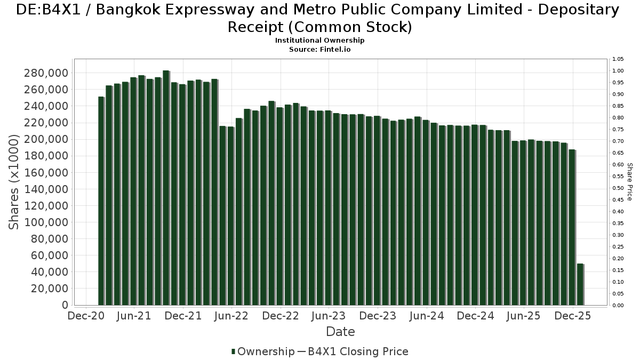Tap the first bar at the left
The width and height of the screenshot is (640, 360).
point(101,201)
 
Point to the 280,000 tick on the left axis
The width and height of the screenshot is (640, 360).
point(45,73)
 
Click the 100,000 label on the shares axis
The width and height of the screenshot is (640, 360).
point(45,222)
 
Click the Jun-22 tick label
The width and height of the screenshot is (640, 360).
point(231,316)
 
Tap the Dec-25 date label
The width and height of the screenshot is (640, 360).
point(573,316)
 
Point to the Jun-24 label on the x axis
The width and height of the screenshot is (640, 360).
point(426,316)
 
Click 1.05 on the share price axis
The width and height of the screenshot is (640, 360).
point(618,59)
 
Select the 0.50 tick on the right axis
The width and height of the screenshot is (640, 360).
point(618,188)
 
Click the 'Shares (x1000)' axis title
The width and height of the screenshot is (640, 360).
point(14,182)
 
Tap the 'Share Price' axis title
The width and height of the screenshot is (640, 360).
point(629,182)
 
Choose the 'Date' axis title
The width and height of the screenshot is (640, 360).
point(340,332)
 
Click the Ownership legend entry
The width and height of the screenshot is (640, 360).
point(263,351)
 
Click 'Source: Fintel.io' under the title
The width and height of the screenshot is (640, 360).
point(319,49)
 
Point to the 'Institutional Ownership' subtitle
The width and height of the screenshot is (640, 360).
point(319,41)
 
